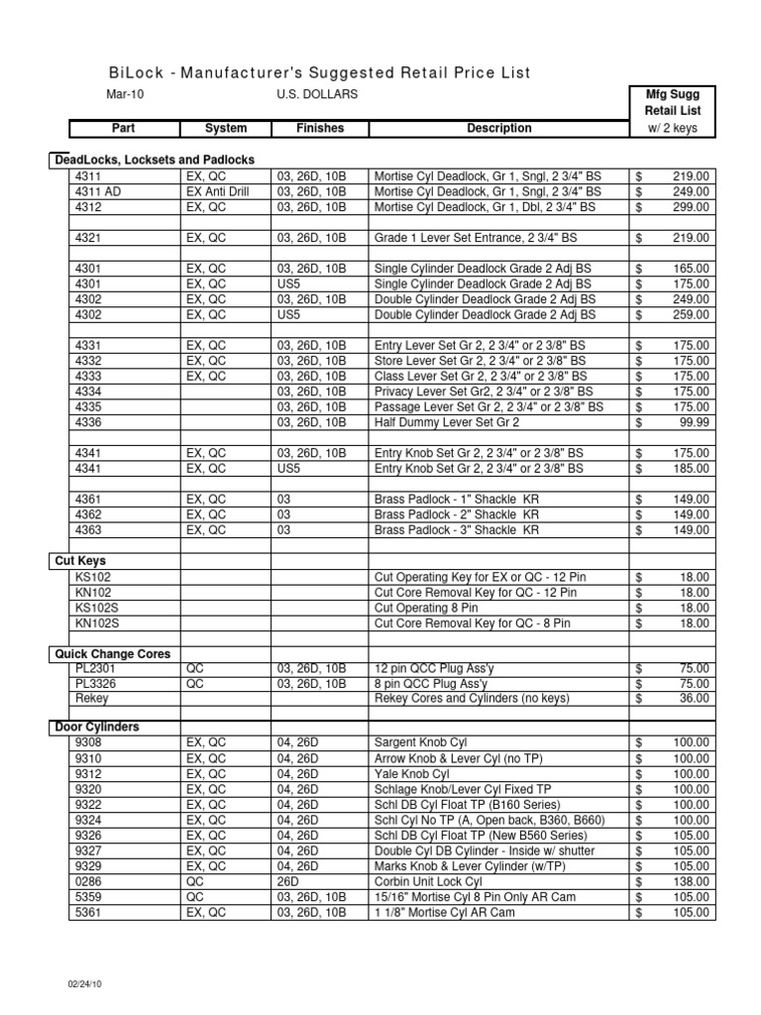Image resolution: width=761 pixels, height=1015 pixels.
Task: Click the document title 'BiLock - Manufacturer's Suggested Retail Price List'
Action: click(x=318, y=72)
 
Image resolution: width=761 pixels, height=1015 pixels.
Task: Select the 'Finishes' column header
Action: click(x=319, y=128)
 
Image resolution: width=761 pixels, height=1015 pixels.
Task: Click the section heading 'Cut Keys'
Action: click(x=79, y=561)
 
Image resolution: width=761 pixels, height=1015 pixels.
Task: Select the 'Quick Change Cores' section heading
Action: click(x=113, y=654)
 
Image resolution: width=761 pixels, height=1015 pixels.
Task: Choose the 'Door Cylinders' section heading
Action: click(x=98, y=727)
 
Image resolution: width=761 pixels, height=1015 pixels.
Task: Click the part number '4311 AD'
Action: click(x=97, y=191)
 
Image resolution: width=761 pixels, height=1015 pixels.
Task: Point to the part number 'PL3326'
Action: click(x=96, y=684)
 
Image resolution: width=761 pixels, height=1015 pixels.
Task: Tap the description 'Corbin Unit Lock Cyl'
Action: click(x=428, y=881)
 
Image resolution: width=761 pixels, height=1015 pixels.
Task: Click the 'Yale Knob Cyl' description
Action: click(x=411, y=773)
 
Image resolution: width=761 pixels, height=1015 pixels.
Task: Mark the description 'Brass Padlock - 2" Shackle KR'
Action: click(x=456, y=514)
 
